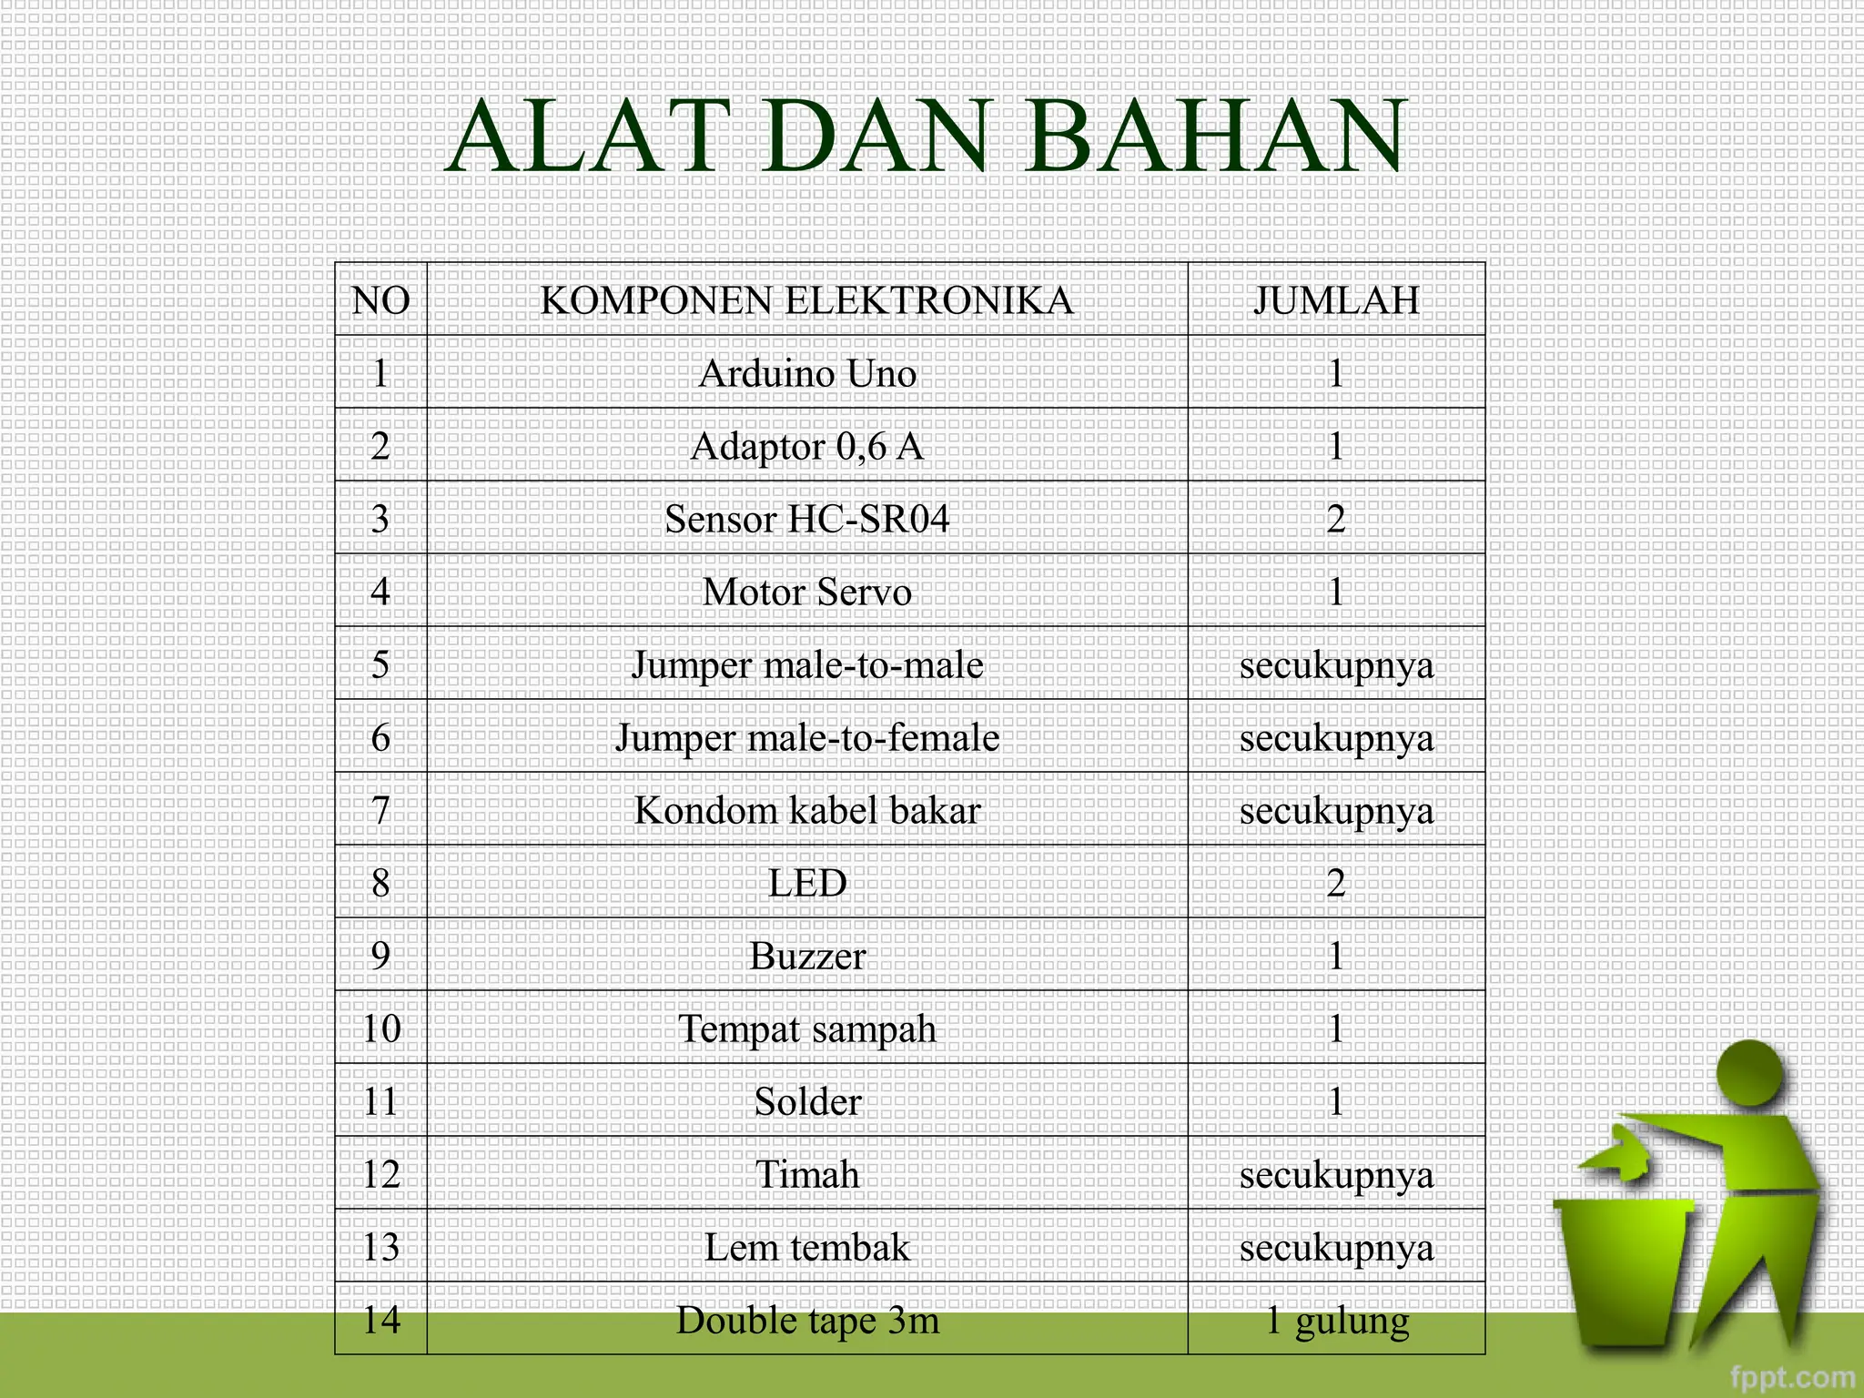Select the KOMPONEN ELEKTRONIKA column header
pos(806,300)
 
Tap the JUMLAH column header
pos(1335,300)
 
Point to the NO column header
pos(380,300)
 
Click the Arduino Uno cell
pos(806,373)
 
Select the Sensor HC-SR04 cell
pos(806,519)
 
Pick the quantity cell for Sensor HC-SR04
pos(1335,519)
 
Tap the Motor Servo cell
pos(806,592)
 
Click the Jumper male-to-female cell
pos(806,737)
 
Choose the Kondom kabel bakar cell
pos(806,810)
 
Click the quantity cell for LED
pos(1335,883)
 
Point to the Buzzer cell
pos(806,956)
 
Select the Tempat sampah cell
pos(806,1028)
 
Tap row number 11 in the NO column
pos(380,1101)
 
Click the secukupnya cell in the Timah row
pos(1335,1174)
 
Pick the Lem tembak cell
pos(806,1247)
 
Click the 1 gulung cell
pos(1335,1320)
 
